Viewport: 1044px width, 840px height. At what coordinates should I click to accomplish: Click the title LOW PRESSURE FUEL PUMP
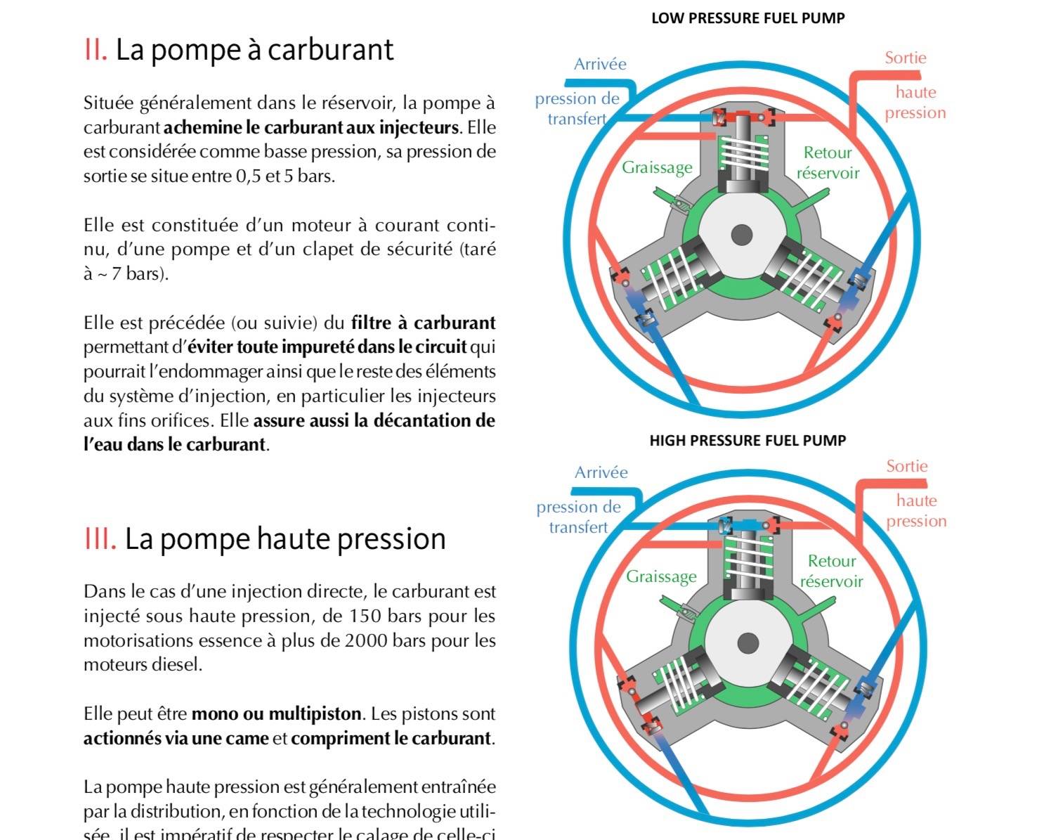pyautogui.click(x=748, y=18)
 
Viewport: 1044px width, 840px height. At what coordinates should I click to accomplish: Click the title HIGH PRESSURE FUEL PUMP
pyautogui.click(x=748, y=441)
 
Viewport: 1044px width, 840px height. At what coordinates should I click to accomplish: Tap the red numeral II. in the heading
pyautogui.click(x=95, y=50)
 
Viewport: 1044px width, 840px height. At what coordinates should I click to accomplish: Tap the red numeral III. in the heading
pyautogui.click(x=100, y=539)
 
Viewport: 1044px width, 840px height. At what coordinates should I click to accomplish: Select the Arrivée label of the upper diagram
pyautogui.click(x=600, y=64)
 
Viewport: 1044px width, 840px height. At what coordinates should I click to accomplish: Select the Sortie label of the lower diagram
pyautogui.click(x=906, y=466)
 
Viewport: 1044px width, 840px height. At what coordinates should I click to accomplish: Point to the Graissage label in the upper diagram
pyautogui.click(x=657, y=167)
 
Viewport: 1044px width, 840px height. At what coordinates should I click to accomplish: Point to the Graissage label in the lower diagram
pyautogui.click(x=661, y=576)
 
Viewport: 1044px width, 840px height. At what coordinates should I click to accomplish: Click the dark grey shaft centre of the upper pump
pyautogui.click(x=742, y=235)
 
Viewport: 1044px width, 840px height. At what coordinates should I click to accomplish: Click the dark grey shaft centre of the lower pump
pyautogui.click(x=748, y=642)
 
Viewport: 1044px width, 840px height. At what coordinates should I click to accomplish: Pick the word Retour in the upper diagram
pyautogui.click(x=828, y=153)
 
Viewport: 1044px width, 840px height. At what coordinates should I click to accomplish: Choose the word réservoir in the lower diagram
pyautogui.click(x=831, y=581)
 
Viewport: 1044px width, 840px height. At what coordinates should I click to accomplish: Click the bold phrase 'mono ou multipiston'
pyautogui.click(x=276, y=714)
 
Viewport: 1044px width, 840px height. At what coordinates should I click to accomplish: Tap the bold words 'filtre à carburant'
pyautogui.click(x=423, y=323)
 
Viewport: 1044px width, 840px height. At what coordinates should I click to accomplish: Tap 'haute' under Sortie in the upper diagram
pyautogui.click(x=915, y=92)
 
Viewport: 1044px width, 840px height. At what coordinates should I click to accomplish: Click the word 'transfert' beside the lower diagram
pyautogui.click(x=578, y=527)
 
